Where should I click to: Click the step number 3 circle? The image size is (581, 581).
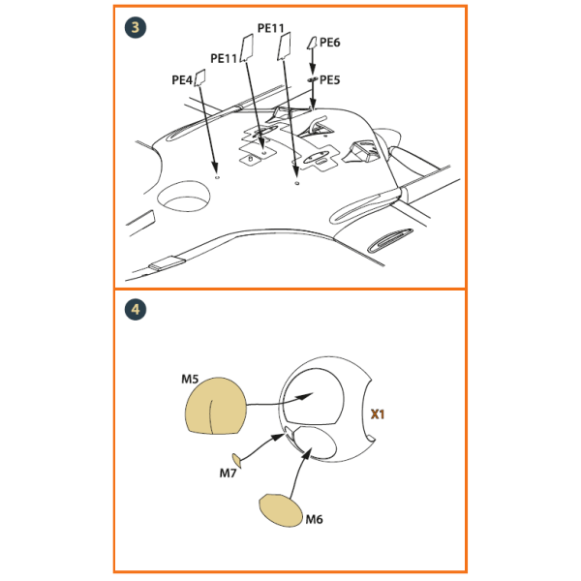[x=136, y=27]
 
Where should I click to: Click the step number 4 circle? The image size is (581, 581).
[x=136, y=310]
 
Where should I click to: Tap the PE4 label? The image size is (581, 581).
[x=182, y=79]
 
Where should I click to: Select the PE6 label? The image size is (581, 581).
[x=329, y=43]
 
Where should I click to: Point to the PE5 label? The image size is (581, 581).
[x=329, y=79]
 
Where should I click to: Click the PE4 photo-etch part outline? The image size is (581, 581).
[x=200, y=77]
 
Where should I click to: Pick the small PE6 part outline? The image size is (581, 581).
[x=312, y=43]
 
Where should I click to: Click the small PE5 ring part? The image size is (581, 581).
[x=312, y=79]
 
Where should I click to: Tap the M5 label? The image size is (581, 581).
[x=190, y=379]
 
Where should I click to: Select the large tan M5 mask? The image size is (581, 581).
[x=215, y=406]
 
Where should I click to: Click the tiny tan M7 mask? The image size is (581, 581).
[x=236, y=460]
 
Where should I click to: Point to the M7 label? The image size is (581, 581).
[x=228, y=473]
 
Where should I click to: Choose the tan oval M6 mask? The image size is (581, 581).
[x=281, y=510]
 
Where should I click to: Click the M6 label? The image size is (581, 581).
[x=314, y=519]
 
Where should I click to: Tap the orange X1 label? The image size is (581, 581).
[x=378, y=413]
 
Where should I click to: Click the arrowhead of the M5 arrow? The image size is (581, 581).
[x=306, y=396]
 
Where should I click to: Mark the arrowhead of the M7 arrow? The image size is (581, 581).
[x=278, y=438]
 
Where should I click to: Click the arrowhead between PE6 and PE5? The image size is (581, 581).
[x=313, y=68]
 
